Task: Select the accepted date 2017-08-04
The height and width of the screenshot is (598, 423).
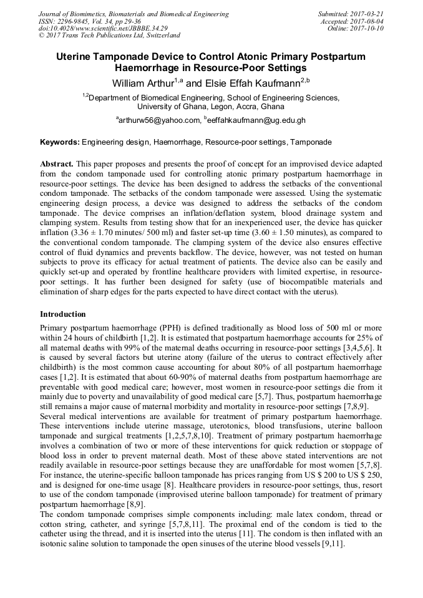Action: [x=368, y=21]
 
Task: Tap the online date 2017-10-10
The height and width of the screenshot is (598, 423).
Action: [x=368, y=28]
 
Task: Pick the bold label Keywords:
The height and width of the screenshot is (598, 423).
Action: [x=60, y=142]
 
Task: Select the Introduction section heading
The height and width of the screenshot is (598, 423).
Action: [x=63, y=314]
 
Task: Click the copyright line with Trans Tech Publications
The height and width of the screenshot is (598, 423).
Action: [x=110, y=36]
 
